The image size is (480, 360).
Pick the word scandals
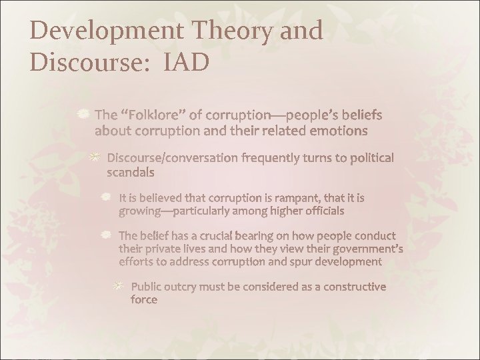131,173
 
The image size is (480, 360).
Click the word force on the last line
144,300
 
